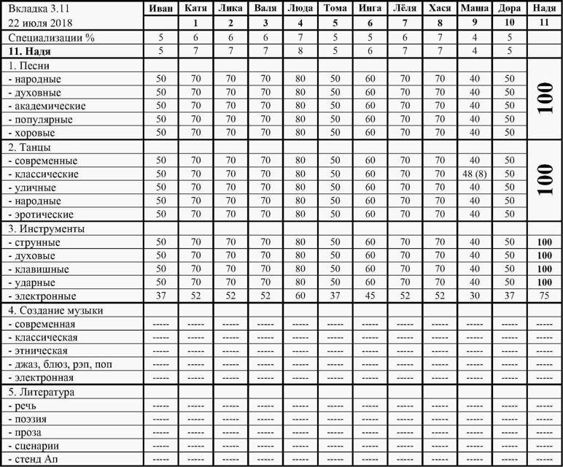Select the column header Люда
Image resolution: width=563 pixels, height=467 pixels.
pos(300,9)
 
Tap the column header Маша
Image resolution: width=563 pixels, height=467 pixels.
pos(475,9)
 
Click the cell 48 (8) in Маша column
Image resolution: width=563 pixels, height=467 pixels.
pos(475,174)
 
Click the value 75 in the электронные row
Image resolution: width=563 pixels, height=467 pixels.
pos(542,296)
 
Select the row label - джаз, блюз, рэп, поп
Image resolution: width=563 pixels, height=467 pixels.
pos(59,364)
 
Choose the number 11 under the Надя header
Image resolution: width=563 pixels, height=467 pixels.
pos(542,23)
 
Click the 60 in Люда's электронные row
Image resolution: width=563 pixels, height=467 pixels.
pos(300,296)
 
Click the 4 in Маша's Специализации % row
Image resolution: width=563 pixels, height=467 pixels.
pos(475,36)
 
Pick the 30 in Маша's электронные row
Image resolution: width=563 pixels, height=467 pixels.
pos(475,296)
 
